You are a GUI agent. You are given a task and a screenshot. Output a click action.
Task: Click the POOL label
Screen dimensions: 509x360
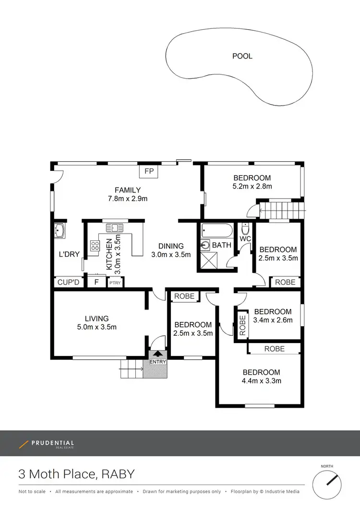[242, 56]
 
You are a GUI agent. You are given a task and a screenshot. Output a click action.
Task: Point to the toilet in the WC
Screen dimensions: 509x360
[245, 229]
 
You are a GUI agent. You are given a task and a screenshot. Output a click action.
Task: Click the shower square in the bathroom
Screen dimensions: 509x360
[209, 260]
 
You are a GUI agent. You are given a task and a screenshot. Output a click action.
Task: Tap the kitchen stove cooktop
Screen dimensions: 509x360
[95, 246]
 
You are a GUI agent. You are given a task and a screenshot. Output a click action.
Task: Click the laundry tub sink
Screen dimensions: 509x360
[60, 231]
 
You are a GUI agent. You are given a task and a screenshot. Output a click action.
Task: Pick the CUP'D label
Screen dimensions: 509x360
[68, 282]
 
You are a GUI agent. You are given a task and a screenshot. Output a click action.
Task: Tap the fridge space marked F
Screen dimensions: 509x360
[96, 282]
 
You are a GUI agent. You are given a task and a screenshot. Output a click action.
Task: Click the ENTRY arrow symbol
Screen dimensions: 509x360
[158, 354]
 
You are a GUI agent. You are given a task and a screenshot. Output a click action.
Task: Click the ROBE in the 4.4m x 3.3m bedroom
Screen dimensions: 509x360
[274, 349]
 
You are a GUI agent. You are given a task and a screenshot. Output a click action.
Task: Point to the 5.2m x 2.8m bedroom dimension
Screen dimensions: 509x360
[252, 186]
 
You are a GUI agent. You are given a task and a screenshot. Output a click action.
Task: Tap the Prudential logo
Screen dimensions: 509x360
[47, 444]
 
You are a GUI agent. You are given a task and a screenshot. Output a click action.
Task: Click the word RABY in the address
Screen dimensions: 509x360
[119, 475]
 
